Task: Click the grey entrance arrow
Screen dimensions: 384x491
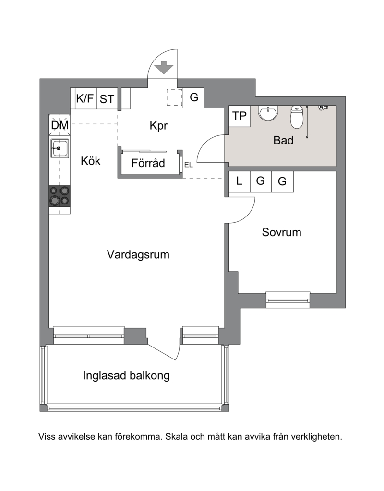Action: pyautogui.click(x=164, y=67)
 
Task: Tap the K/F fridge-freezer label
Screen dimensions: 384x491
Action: pyautogui.click(x=85, y=98)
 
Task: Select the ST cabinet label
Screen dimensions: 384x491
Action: pyautogui.click(x=107, y=99)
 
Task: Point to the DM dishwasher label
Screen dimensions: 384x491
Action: pyautogui.click(x=60, y=125)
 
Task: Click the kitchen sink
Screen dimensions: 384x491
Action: pyautogui.click(x=60, y=147)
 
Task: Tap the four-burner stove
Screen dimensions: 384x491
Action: pyautogui.click(x=60, y=196)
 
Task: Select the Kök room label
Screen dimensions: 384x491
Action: pyautogui.click(x=91, y=161)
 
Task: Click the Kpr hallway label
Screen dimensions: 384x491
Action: pyautogui.click(x=158, y=126)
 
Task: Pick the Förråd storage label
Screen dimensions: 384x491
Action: pyautogui.click(x=148, y=163)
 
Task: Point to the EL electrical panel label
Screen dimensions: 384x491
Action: pyautogui.click(x=189, y=165)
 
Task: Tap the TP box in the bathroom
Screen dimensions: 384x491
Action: pyautogui.click(x=240, y=116)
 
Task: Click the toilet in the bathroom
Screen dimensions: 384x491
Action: pyautogui.click(x=297, y=117)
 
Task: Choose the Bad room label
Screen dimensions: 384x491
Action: pyautogui.click(x=283, y=140)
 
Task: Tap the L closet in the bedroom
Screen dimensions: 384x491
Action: pyautogui.click(x=240, y=181)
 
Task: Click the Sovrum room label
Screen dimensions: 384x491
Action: pyautogui.click(x=282, y=232)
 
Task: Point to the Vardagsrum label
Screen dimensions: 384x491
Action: pyautogui.click(x=138, y=254)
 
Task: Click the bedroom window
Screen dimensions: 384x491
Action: pyautogui.click(x=288, y=299)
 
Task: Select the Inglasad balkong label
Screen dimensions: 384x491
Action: pyautogui.click(x=126, y=375)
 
